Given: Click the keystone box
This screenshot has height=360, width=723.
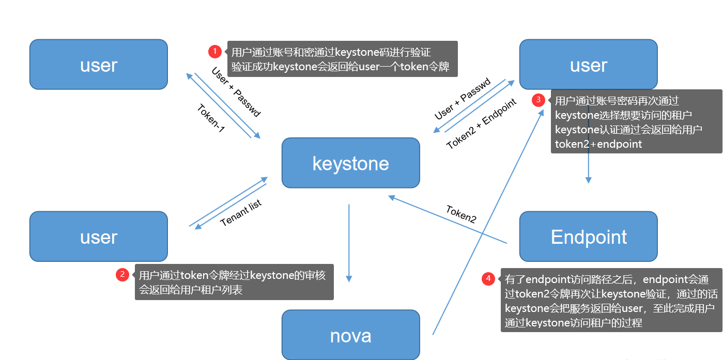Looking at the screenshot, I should (350, 163).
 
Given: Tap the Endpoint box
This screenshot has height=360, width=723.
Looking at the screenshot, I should (588, 236).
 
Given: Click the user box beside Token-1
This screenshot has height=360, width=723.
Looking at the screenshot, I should (98, 65).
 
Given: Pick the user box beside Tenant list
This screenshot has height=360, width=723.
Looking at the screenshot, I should (98, 236).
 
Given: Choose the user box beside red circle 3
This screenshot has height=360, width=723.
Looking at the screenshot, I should (588, 65).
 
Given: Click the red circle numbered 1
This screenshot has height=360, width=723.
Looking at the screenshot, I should (215, 52).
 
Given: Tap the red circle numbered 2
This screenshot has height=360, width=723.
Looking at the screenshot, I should (122, 275).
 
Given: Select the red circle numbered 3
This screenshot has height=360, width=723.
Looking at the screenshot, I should (539, 100).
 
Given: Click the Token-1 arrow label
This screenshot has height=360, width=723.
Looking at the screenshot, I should (211, 119).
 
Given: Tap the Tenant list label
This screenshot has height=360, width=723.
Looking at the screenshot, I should (241, 213).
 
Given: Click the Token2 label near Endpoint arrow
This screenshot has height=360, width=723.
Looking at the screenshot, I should (461, 213).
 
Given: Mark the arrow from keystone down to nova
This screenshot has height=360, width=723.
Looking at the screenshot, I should (349, 243).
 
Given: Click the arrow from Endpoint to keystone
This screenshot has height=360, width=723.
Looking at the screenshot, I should (447, 220).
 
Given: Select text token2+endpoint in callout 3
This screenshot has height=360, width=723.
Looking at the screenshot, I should (598, 145).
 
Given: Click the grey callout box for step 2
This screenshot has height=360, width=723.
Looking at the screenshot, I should (234, 282).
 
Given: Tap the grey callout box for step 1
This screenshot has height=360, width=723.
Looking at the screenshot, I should (342, 59).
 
